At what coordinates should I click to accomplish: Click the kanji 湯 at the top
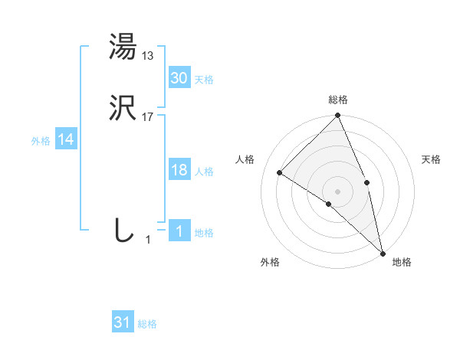point(123,47)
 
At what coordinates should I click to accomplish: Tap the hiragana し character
point(123,231)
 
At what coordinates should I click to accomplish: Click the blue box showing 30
point(179,77)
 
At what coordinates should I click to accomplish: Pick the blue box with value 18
point(179,170)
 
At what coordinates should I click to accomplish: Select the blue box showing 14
point(66,139)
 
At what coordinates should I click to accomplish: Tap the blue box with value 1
point(179,231)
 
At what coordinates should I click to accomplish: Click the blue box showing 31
point(123,322)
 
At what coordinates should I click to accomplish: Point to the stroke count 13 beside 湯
point(148,55)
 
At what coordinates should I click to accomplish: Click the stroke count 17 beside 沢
point(148,117)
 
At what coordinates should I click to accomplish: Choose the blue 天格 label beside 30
point(204,80)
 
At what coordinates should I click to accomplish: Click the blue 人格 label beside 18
point(204,172)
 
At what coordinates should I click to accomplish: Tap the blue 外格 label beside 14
point(41,141)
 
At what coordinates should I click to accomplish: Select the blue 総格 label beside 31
point(147,325)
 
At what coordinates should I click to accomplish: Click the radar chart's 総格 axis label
point(338,100)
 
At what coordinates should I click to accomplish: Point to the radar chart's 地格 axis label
point(402,263)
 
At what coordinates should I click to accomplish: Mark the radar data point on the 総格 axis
point(338,116)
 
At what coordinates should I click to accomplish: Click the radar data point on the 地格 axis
point(383,252)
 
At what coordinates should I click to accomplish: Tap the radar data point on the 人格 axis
point(280,173)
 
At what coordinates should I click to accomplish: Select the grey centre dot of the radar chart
point(338,191)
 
